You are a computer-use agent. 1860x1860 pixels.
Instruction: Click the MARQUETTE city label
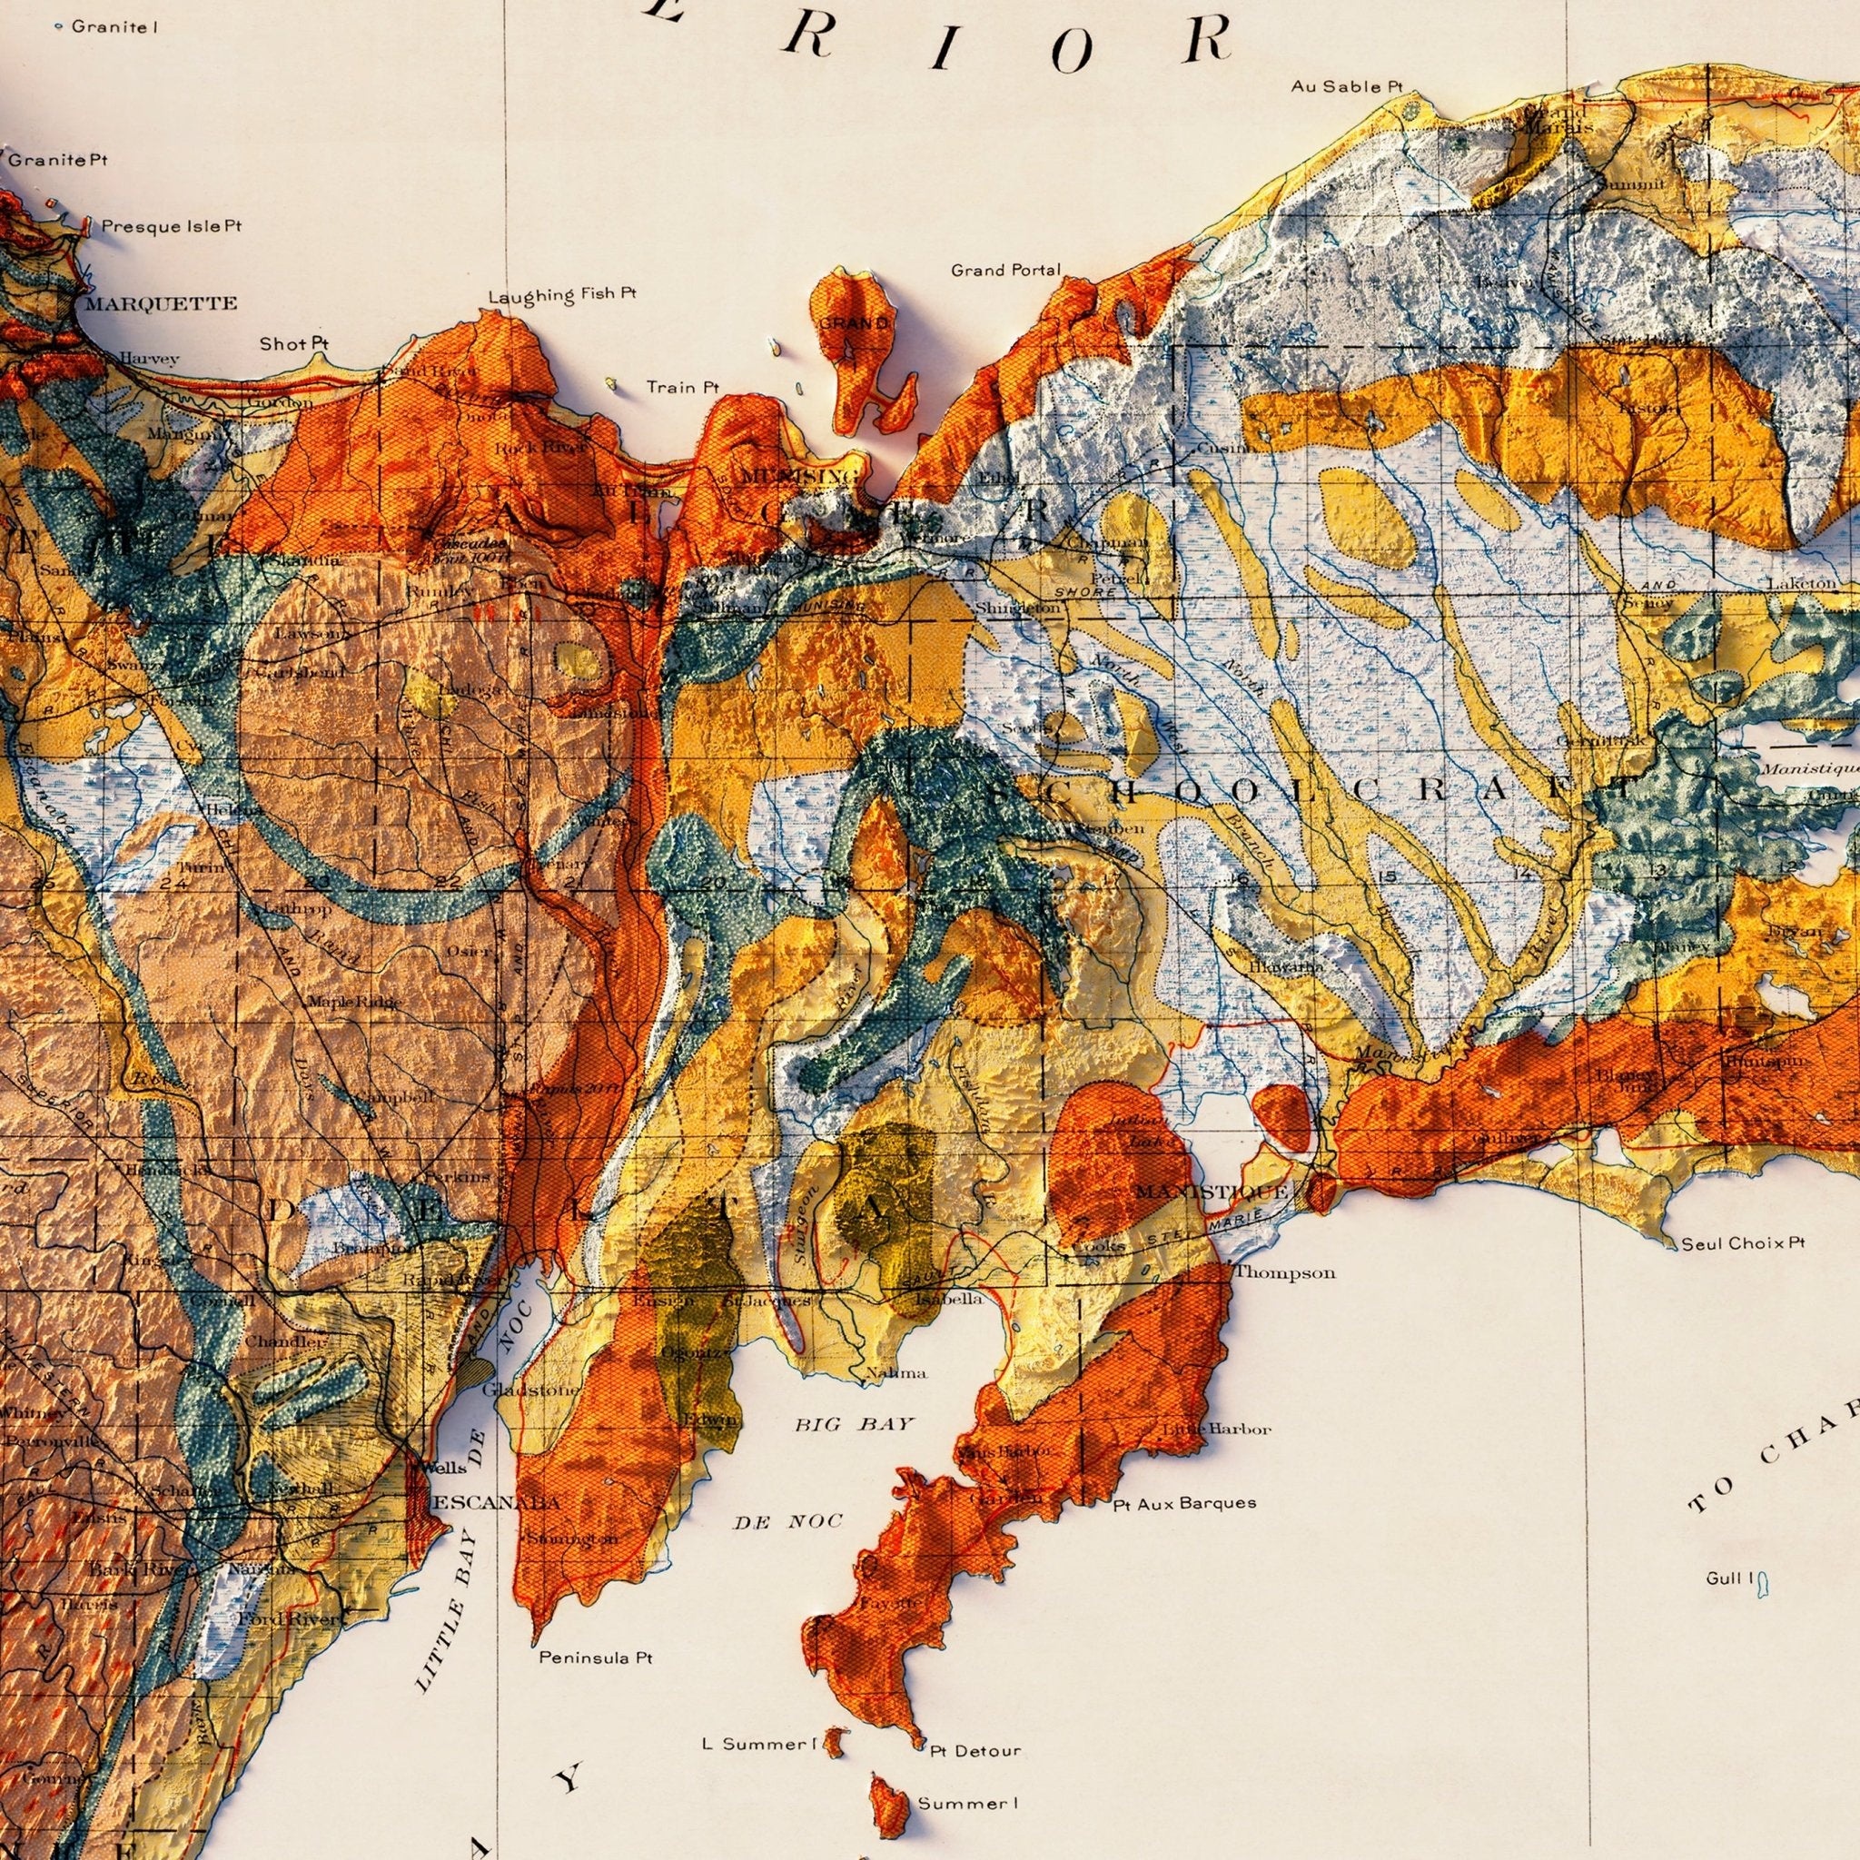coord(161,304)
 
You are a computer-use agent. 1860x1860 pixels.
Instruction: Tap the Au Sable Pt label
coord(1347,86)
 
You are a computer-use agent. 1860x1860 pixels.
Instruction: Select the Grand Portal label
coord(1006,271)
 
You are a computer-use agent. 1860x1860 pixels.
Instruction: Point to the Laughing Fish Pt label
coord(562,294)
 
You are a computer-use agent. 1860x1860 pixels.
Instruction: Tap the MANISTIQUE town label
coord(1210,1192)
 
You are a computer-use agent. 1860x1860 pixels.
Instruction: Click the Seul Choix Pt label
coord(1743,1243)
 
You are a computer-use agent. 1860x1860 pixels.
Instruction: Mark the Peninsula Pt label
coord(595,1657)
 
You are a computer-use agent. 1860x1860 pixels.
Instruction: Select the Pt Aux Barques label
coord(1184,1502)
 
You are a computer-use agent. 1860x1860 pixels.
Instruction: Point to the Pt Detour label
coord(976,1723)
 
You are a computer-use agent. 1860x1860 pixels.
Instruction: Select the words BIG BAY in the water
coord(853,1424)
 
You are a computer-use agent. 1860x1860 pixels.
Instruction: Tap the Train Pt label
coord(683,387)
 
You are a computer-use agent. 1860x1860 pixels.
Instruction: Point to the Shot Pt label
coord(294,343)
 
